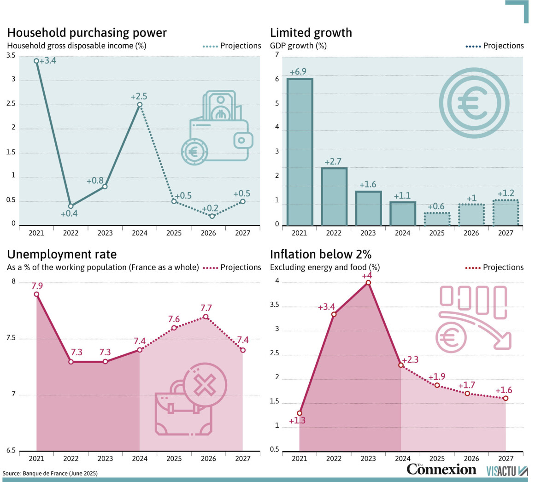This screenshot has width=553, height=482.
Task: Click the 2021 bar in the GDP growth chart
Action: (300, 152)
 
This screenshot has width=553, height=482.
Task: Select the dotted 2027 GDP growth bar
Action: (506, 213)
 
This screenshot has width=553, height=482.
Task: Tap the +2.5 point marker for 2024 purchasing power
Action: (140, 105)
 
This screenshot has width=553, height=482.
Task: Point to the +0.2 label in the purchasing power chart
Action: (210, 208)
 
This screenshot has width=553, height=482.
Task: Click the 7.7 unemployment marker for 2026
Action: (206, 317)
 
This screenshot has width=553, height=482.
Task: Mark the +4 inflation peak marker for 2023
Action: (368, 282)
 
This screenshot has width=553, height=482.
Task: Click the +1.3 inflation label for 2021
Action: (297, 420)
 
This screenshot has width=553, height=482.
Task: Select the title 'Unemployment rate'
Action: (62, 254)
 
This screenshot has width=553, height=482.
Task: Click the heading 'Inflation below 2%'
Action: (321, 254)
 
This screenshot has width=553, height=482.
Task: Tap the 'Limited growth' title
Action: (311, 33)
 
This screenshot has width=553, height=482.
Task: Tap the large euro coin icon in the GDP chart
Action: (474, 103)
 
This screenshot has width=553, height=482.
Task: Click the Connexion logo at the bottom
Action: (441, 470)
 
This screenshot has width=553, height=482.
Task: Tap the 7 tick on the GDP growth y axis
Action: (277, 55)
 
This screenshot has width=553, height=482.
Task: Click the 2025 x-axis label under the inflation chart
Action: (437, 458)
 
